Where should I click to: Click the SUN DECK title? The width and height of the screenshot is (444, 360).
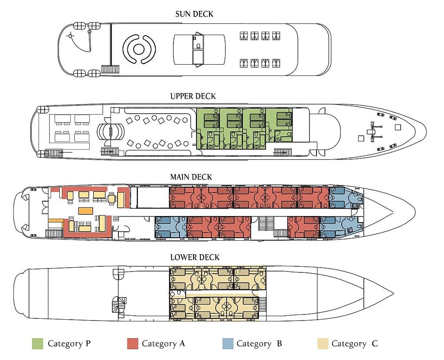[x=194, y=14]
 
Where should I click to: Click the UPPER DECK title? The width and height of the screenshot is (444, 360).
[x=193, y=96]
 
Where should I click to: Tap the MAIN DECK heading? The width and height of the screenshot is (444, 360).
[x=191, y=177]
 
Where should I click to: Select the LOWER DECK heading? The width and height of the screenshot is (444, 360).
[x=195, y=257]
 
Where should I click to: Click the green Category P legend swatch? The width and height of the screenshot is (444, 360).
[x=37, y=344]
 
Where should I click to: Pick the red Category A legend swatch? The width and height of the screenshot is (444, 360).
[x=133, y=344]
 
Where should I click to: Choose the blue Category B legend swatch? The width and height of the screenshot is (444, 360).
[x=228, y=344]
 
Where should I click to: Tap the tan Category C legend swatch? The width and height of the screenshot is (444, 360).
[x=323, y=344]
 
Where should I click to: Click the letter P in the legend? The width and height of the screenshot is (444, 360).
[x=88, y=344]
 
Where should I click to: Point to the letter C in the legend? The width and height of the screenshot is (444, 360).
[x=375, y=344]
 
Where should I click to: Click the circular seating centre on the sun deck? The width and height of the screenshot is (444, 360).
[x=139, y=49]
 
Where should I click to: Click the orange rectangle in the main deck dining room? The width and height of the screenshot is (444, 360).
[x=85, y=211]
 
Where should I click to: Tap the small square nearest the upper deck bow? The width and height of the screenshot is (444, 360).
[x=398, y=127]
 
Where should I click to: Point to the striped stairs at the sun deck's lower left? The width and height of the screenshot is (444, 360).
[x=110, y=69]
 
